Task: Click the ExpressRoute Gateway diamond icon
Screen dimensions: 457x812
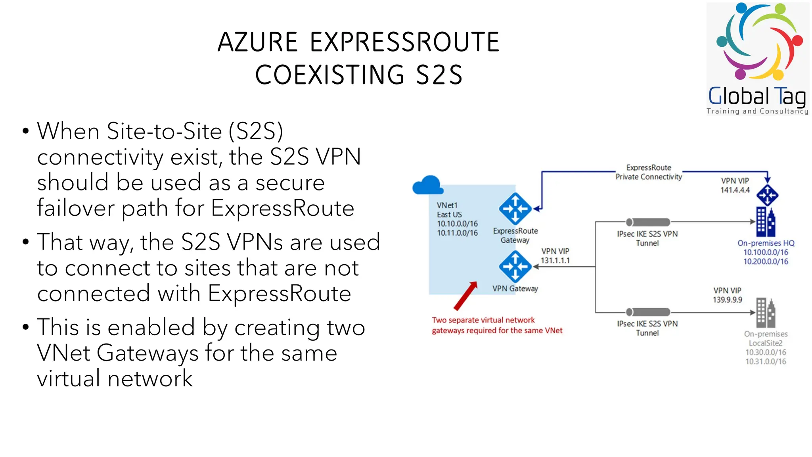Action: click(x=515, y=209)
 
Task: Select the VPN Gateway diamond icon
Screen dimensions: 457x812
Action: click(x=515, y=266)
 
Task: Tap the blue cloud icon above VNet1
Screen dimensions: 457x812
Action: click(x=427, y=186)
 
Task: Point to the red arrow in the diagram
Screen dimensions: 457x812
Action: click(x=465, y=296)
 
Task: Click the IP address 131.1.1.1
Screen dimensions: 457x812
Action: click(x=555, y=261)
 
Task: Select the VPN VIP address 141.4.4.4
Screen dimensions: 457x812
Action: click(x=735, y=190)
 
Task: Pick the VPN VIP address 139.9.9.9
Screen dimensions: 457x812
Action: click(x=727, y=300)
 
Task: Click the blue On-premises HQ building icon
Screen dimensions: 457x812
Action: click(x=765, y=222)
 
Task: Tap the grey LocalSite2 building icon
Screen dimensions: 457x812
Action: click(x=765, y=312)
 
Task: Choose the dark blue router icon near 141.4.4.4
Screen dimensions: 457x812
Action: click(x=767, y=195)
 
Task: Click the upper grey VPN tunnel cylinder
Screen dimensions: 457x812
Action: click(x=648, y=222)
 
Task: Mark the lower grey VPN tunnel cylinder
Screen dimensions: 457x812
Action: click(x=648, y=312)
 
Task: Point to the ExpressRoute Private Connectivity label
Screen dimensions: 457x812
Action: click(x=649, y=172)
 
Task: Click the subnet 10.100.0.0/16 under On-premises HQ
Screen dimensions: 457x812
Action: click(x=766, y=252)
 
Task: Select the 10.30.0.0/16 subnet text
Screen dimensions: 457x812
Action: click(x=766, y=352)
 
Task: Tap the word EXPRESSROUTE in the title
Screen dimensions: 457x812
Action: click(x=404, y=42)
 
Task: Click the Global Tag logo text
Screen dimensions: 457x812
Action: click(x=757, y=96)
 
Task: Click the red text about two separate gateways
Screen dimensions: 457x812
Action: click(x=497, y=325)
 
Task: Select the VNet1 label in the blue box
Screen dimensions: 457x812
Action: click(x=447, y=205)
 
